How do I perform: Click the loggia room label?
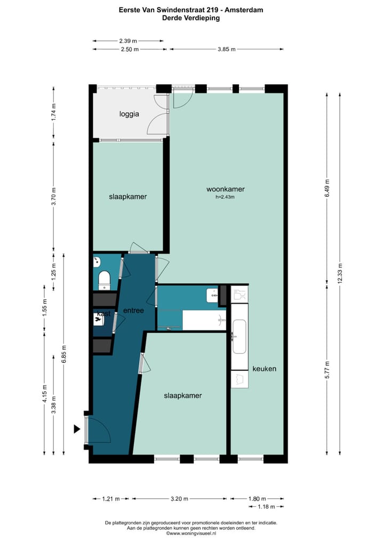[x=129, y=114]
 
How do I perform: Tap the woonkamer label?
[x=226, y=189]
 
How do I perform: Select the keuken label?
[x=265, y=369]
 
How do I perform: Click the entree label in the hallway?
[x=133, y=310]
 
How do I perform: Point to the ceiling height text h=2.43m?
[x=226, y=197]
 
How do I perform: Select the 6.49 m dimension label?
[x=327, y=187]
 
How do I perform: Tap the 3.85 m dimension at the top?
[x=226, y=49]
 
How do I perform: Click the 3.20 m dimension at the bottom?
[x=180, y=499]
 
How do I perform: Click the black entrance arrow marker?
[x=77, y=428]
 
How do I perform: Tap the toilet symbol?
[x=104, y=278]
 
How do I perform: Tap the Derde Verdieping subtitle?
[x=191, y=18]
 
